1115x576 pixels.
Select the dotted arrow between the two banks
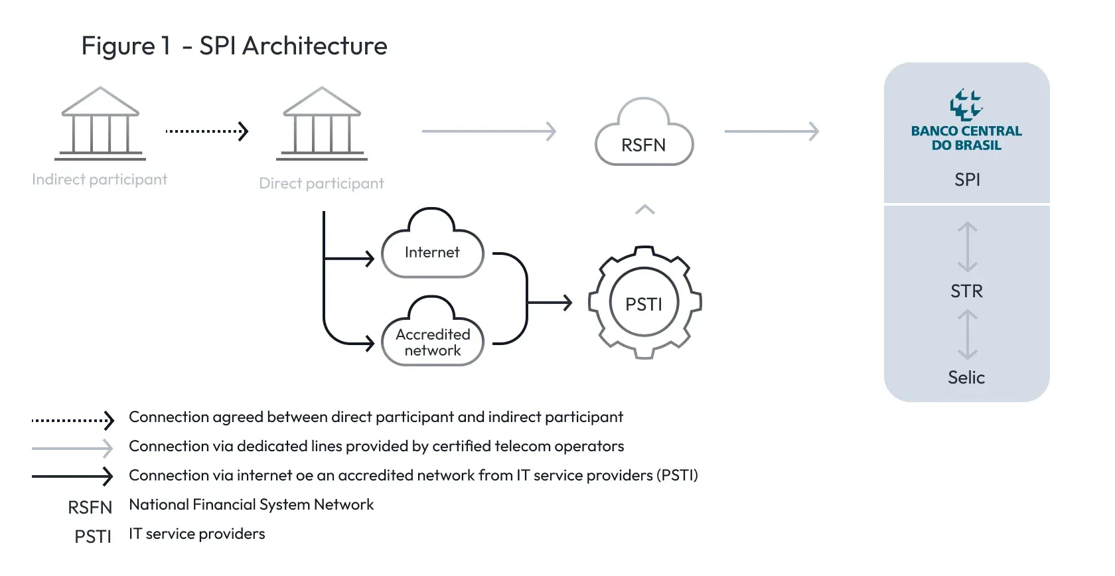tap(206, 131)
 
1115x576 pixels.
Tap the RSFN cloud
tap(644, 136)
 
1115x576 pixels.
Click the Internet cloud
tap(432, 249)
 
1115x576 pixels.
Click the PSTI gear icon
tap(644, 303)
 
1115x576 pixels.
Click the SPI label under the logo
tap(967, 180)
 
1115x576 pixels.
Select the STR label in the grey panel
tap(967, 291)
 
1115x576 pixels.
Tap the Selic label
tap(966, 378)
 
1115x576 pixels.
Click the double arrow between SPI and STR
tap(967, 247)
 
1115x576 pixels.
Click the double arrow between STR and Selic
tap(967, 335)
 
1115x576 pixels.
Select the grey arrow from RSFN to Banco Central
tap(771, 131)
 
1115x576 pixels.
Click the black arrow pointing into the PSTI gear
tap(550, 303)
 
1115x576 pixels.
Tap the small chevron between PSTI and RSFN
tap(645, 210)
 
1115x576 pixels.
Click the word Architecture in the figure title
tap(315, 46)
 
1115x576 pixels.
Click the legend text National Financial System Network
tap(252, 505)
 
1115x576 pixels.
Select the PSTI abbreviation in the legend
tap(93, 536)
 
